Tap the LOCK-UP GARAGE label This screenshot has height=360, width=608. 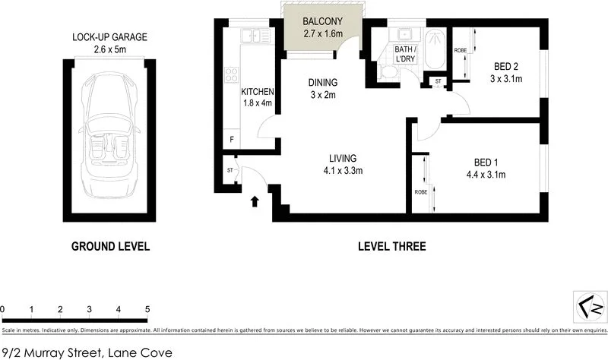click(x=109, y=37)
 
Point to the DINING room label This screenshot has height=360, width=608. click(x=322, y=83)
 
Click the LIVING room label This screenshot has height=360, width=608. click(x=343, y=158)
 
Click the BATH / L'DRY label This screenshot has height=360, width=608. click(x=404, y=55)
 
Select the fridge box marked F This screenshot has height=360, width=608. click(x=232, y=140)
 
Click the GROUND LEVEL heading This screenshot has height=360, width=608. click(x=110, y=246)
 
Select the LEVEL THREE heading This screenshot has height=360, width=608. click(x=391, y=246)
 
